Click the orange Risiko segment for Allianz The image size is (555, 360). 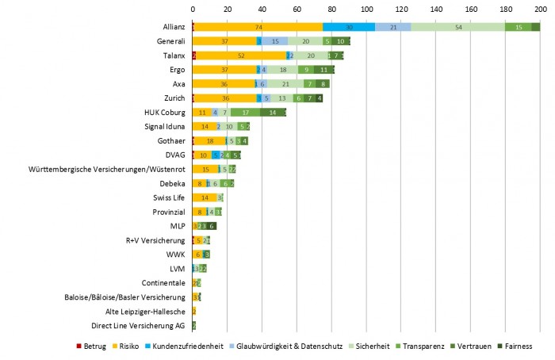[258, 26]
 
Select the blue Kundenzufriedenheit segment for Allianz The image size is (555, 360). [349, 26]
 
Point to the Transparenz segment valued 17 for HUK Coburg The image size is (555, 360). [246, 112]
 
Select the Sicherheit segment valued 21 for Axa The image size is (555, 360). [285, 83]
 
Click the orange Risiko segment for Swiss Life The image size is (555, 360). [205, 197]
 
